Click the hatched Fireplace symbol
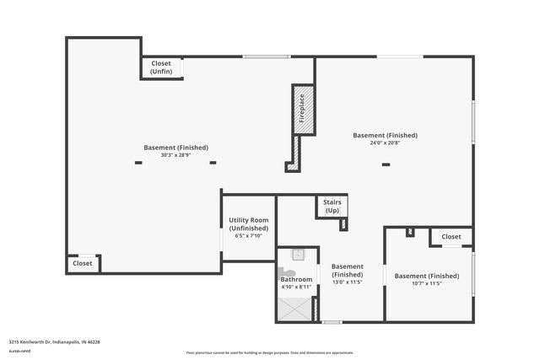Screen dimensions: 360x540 (x=304, y=109)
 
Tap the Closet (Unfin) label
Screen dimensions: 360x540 (x=161, y=67)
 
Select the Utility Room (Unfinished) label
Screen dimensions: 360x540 (x=249, y=224)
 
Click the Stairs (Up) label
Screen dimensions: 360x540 (x=332, y=206)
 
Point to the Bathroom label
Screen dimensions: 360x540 (x=296, y=279)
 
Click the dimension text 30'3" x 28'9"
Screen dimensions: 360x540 (x=175, y=155)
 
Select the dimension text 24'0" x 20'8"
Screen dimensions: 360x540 (x=385, y=142)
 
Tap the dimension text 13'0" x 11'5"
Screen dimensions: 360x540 (x=347, y=282)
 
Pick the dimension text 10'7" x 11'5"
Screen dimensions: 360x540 (x=427, y=283)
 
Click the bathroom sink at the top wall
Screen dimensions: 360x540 (x=298, y=254)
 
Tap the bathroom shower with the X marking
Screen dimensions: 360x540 (x=296, y=309)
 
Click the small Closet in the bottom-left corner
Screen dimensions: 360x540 (x=83, y=263)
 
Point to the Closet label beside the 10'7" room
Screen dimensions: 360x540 (x=451, y=237)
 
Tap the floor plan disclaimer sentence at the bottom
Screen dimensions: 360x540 (x=270, y=352)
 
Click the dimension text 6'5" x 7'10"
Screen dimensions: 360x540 (x=249, y=236)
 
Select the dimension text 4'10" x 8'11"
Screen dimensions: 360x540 (x=296, y=287)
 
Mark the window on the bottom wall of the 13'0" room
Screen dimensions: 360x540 (x=332, y=321)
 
